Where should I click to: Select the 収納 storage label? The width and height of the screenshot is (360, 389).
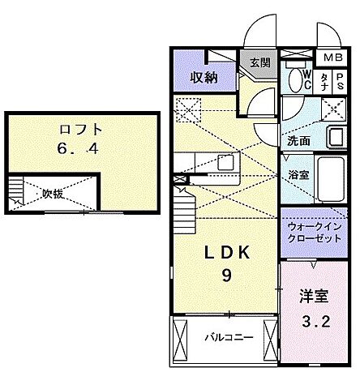[204, 78]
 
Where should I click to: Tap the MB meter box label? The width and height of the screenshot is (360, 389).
[332, 58]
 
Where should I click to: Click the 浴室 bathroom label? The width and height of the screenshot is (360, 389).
[298, 173]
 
